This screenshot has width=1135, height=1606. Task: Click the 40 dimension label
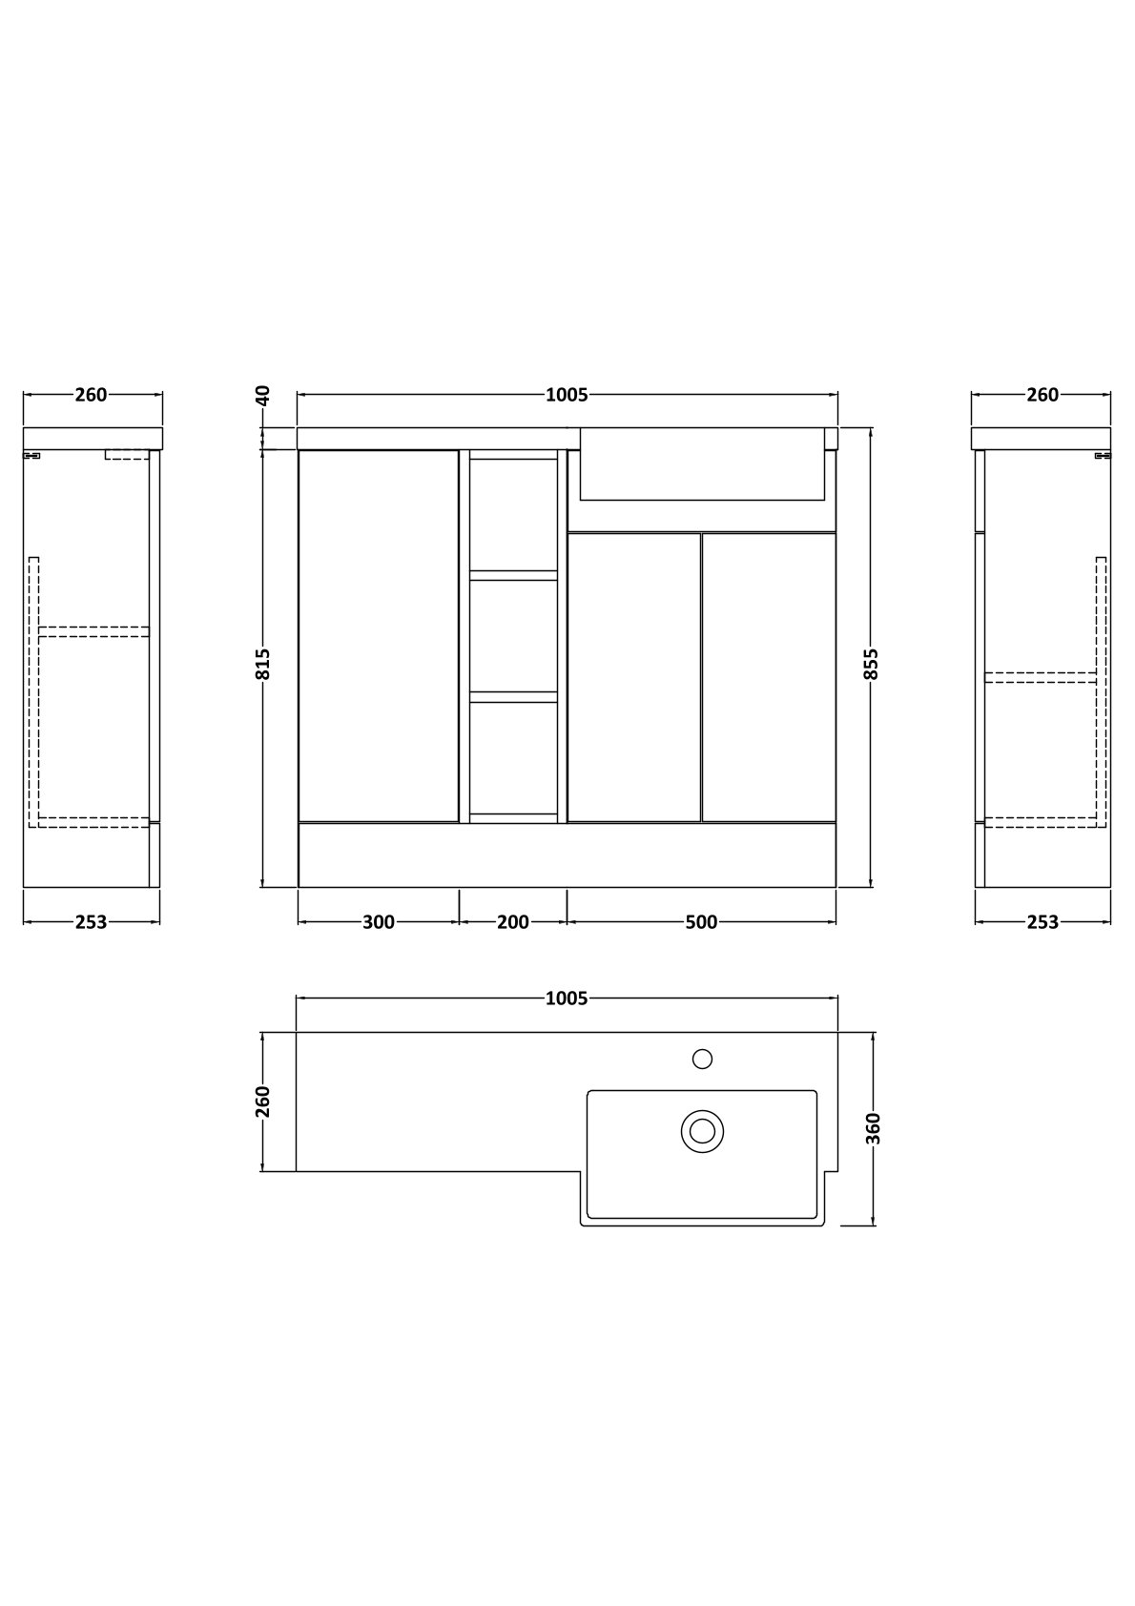[x=263, y=396]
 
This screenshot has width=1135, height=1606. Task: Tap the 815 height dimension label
[x=263, y=664]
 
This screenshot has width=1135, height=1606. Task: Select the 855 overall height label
[x=871, y=664]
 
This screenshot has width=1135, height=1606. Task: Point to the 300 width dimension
[x=379, y=922]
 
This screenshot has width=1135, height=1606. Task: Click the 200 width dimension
[x=513, y=922]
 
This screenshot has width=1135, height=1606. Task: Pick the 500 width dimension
[x=701, y=922]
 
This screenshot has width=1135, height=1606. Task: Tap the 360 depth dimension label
[x=874, y=1129]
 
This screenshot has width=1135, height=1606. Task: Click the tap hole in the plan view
[x=702, y=1059]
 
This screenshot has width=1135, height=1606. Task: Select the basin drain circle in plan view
[x=702, y=1131]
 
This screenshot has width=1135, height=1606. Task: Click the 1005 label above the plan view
[x=567, y=998]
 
